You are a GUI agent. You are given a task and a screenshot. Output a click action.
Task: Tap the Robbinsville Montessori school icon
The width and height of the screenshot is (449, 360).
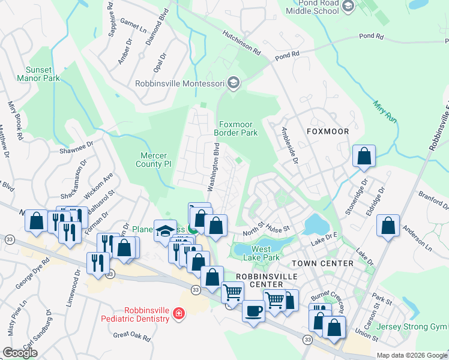[x=234, y=83]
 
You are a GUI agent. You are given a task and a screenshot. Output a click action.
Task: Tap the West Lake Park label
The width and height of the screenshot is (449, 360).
[x=265, y=253]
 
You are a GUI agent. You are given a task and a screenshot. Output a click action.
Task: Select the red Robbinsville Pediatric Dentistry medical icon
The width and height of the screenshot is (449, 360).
[x=178, y=314]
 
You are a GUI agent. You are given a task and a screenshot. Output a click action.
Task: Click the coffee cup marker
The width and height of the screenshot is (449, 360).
[x=253, y=311]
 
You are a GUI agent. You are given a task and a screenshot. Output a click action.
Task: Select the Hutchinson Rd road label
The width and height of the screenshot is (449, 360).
[x=241, y=43]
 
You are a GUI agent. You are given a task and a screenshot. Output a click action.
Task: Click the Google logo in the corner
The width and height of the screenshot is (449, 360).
[x=20, y=353]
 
